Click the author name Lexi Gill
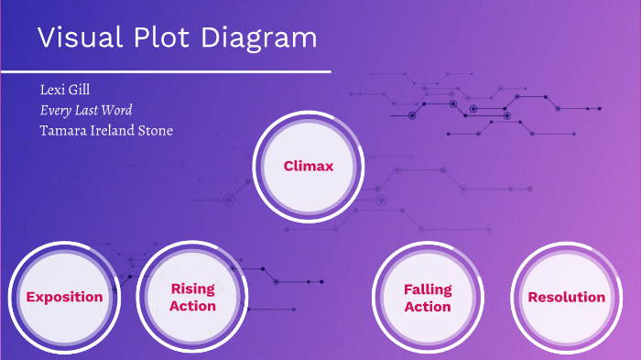(65, 90)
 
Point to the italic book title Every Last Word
(86, 110)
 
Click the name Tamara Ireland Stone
(106, 130)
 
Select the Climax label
(308, 167)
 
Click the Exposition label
(64, 297)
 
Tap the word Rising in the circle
(192, 289)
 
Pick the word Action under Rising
(192, 306)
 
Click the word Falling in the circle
(428, 289)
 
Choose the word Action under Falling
(428, 307)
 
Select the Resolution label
(566, 297)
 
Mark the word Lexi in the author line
(51, 90)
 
